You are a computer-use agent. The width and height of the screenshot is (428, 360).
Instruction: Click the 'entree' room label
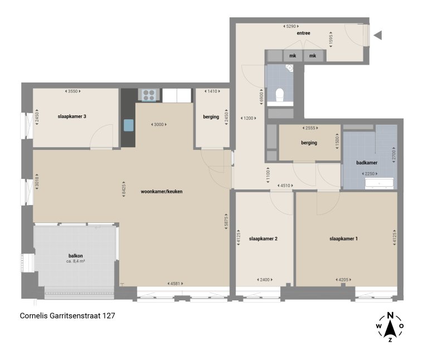point(303,33)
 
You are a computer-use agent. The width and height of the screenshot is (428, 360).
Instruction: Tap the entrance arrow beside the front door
point(377,36)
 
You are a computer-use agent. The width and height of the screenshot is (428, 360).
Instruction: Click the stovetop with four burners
point(149,95)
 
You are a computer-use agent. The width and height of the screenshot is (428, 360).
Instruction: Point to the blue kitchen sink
point(129,125)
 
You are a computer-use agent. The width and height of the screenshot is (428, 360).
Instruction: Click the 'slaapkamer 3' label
point(71,116)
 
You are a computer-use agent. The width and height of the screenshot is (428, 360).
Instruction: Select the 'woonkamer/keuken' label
point(162,191)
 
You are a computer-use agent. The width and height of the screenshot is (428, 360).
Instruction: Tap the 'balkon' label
point(76,256)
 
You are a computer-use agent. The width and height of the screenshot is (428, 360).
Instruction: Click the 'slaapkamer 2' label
point(263,239)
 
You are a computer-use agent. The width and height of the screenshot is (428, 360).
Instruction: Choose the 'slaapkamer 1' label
point(343,239)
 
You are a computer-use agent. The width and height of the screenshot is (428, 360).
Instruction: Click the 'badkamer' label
point(367,163)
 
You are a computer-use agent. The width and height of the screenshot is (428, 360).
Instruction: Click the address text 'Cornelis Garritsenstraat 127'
point(67,315)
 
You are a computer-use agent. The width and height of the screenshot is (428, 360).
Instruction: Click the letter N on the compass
point(391,314)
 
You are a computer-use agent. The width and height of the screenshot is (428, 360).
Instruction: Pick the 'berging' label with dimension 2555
point(309,143)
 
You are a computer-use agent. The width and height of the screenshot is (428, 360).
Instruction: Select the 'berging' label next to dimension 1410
point(211,116)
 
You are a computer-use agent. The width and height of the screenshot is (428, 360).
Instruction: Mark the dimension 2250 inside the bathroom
point(370,174)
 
